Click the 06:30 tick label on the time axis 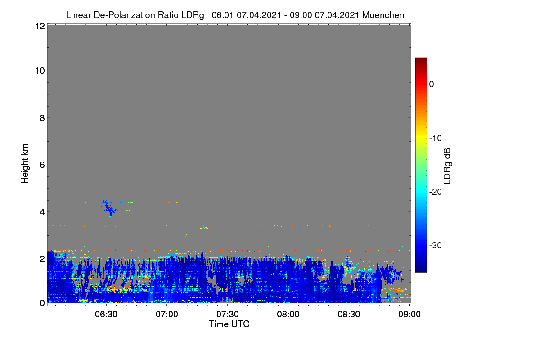(106, 315)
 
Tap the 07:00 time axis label (167, 315)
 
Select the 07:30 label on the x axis (228, 315)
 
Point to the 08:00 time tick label (288, 315)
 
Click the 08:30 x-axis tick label (349, 315)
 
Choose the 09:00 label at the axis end (409, 315)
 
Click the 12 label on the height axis (40, 26)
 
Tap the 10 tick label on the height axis (40, 71)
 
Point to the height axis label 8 (42, 118)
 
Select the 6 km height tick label (42, 165)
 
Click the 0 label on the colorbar (432, 85)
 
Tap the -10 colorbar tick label (436, 139)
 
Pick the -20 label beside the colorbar (436, 192)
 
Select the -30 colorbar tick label (436, 246)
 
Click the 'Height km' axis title (25, 164)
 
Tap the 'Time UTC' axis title (229, 324)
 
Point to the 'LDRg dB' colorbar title (447, 166)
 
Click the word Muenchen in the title (383, 15)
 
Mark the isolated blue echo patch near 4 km (108, 208)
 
